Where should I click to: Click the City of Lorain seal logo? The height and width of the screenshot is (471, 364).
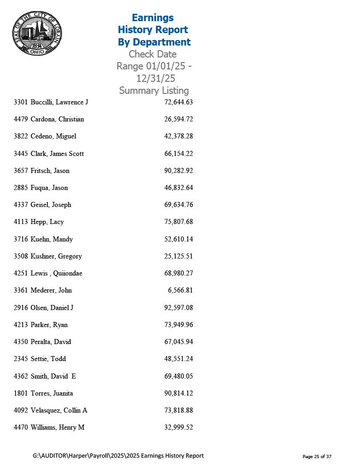[36, 33]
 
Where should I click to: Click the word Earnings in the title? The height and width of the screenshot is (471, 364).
[152, 18]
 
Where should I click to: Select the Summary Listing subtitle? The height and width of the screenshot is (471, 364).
[154, 91]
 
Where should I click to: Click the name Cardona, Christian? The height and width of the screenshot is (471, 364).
[57, 119]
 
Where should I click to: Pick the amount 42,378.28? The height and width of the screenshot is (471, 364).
[178, 136]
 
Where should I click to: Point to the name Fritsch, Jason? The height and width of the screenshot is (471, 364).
[50, 171]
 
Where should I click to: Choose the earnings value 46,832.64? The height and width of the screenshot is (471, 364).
[178, 188]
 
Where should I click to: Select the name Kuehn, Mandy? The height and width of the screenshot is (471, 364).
[52, 239]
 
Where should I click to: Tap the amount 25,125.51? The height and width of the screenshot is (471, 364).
[178, 256]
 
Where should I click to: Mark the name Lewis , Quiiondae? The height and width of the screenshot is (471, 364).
[56, 273]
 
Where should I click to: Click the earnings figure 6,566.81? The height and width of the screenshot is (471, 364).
[180, 290]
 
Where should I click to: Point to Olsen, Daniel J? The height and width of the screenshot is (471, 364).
[52, 307]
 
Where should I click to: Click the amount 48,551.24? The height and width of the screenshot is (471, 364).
[178, 359]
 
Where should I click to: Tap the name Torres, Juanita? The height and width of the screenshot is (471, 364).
[52, 393]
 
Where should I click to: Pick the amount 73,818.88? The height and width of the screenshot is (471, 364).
[178, 410]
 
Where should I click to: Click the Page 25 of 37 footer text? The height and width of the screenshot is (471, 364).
[317, 456]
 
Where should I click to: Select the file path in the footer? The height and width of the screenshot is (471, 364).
[118, 456]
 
